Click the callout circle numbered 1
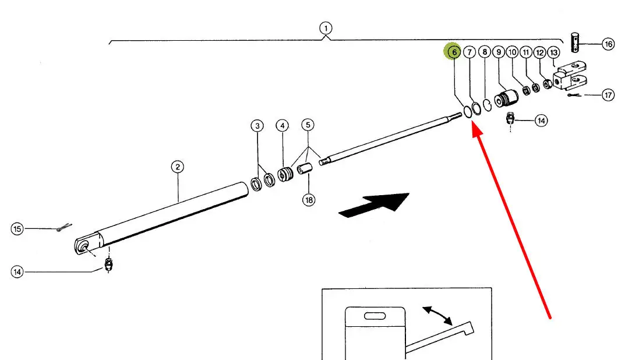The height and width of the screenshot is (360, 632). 326,27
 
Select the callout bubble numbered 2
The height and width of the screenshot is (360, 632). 178,167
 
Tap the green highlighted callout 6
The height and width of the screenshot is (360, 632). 453,52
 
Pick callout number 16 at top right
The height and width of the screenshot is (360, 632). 608,44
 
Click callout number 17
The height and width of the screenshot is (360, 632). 608,95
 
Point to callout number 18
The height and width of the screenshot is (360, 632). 308,200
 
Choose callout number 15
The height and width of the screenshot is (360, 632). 17,229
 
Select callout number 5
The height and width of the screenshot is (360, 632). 308,125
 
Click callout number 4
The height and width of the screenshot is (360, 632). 282,125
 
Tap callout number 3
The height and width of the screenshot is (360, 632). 257,125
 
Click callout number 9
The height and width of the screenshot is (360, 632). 498,52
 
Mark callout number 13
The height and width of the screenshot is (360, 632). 553,52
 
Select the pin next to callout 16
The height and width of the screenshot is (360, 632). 575,43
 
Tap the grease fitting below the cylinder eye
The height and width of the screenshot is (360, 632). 108,264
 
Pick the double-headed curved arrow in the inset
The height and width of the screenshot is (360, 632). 437,315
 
